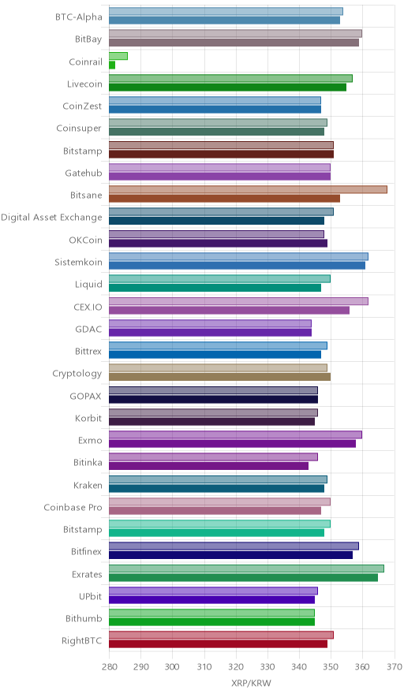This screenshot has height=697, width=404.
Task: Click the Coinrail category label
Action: coord(85,61)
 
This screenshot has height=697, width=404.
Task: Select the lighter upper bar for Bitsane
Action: coord(248,190)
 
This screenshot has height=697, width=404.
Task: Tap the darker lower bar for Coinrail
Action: coord(112,65)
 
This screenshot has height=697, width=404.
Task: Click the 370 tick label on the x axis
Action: coord(395,667)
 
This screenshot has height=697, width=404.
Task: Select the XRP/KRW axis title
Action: coord(251,684)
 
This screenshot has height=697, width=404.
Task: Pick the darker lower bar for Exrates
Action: coord(243,577)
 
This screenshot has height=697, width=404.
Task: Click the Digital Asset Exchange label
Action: coord(51,218)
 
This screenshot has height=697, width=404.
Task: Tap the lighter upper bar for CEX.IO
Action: coord(238,301)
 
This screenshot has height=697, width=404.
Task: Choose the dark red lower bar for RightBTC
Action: coord(218,644)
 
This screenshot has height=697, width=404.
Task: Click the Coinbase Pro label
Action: coord(73,507)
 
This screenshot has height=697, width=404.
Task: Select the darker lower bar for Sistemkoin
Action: coord(238,266)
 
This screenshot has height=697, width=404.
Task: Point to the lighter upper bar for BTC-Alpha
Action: coord(226,12)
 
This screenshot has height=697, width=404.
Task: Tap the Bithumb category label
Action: coord(84,618)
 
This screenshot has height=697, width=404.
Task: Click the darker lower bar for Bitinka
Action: coord(208,466)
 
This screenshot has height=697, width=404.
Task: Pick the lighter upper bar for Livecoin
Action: coord(230,78)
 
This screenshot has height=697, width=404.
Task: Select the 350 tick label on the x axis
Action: coord(331,667)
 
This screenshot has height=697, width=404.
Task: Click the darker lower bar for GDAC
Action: coord(210,333)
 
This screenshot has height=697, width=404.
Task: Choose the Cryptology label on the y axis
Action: coord(77,374)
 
